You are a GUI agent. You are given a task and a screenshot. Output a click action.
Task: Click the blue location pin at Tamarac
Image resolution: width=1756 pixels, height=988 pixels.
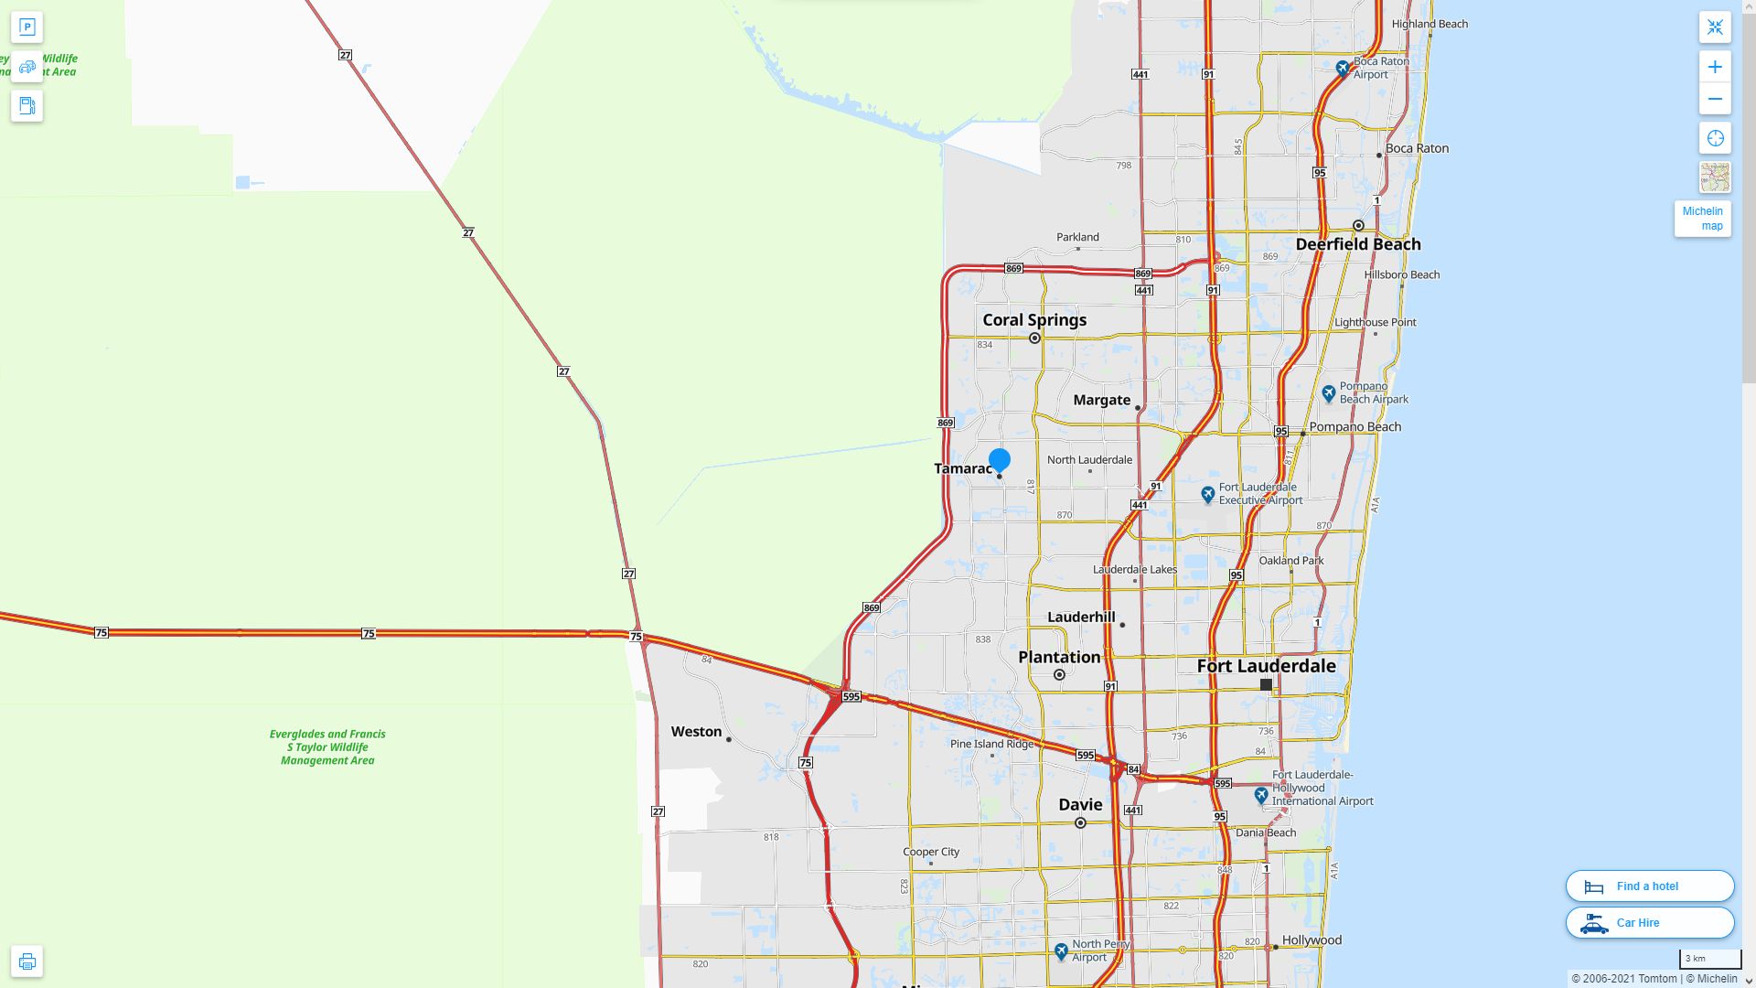[x=999, y=459]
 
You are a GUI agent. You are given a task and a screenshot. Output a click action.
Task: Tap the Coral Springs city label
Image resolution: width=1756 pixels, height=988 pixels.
[x=1034, y=320]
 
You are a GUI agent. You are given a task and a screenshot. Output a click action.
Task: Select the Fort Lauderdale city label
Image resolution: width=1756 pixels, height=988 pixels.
[x=1266, y=666]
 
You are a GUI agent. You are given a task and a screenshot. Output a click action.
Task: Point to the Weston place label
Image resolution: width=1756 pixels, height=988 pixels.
[x=696, y=732]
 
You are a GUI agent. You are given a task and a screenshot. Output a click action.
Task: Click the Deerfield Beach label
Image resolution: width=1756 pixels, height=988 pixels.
[x=1357, y=244]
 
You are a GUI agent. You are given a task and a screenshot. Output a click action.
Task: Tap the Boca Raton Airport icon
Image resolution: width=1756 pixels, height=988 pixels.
[x=1342, y=68]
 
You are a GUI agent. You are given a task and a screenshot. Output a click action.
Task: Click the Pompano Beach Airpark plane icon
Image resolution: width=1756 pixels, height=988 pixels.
[x=1329, y=394]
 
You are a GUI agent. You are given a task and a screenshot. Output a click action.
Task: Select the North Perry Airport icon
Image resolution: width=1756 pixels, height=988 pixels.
[x=1061, y=951]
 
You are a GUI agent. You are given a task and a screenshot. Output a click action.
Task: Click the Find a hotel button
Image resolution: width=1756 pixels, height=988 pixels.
[x=1649, y=886]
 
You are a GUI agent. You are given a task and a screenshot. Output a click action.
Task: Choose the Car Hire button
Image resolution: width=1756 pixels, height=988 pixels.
[x=1649, y=923]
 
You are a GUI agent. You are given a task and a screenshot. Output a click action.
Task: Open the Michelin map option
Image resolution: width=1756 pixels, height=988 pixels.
[x=1702, y=219]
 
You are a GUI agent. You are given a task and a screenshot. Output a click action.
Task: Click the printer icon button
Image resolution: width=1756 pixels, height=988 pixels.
[x=27, y=961]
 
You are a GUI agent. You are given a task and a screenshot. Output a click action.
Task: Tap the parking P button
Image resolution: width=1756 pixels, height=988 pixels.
[x=27, y=27]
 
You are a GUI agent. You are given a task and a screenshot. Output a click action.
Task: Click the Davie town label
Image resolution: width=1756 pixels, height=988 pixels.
[x=1080, y=805]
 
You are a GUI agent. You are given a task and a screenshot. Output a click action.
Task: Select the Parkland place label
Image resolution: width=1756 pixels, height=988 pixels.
[x=1077, y=237]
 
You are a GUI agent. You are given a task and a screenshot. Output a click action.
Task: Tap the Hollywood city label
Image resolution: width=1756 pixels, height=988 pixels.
[x=1312, y=940]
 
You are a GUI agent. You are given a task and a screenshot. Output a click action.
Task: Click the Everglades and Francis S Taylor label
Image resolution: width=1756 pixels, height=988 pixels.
[x=327, y=746]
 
